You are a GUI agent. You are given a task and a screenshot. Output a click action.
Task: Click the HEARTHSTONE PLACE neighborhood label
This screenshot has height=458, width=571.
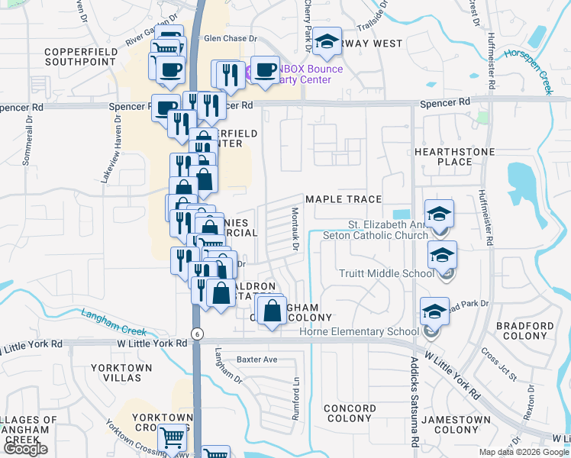coord(454,156)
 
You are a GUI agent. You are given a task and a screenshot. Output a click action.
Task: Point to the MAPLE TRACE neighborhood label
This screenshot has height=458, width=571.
coord(343,199)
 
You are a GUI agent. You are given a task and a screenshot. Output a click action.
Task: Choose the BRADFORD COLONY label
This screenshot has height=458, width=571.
coord(525,331)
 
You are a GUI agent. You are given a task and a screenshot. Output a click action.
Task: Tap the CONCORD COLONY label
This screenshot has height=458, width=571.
coord(350,414)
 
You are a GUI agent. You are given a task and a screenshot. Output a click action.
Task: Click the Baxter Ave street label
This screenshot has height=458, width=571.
coord(256,359)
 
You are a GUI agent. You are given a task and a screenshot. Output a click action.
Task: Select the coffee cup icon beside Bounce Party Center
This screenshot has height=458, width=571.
coord(265,70)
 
